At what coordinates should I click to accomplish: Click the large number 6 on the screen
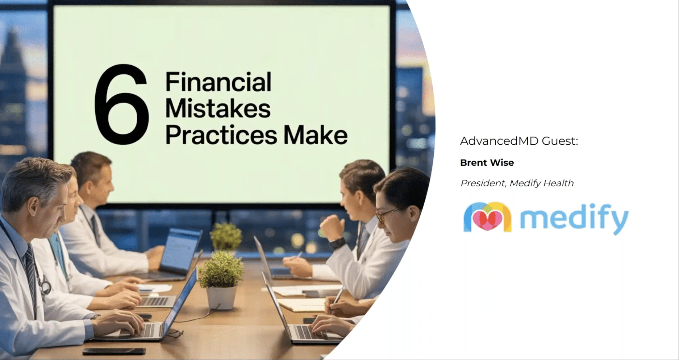click(122, 105)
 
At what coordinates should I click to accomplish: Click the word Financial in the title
click(218, 82)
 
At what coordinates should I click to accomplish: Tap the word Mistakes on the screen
click(218, 108)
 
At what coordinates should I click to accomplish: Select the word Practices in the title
click(221, 136)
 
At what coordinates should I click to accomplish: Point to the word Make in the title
click(315, 135)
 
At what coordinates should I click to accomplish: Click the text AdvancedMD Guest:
click(519, 141)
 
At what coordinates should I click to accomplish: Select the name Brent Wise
click(487, 162)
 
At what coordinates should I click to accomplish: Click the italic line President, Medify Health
click(517, 183)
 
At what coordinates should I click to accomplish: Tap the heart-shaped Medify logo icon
click(487, 217)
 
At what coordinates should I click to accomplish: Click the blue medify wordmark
click(574, 218)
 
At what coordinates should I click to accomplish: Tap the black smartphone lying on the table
click(114, 351)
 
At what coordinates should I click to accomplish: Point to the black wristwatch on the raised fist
click(337, 243)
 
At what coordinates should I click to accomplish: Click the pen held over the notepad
click(337, 299)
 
